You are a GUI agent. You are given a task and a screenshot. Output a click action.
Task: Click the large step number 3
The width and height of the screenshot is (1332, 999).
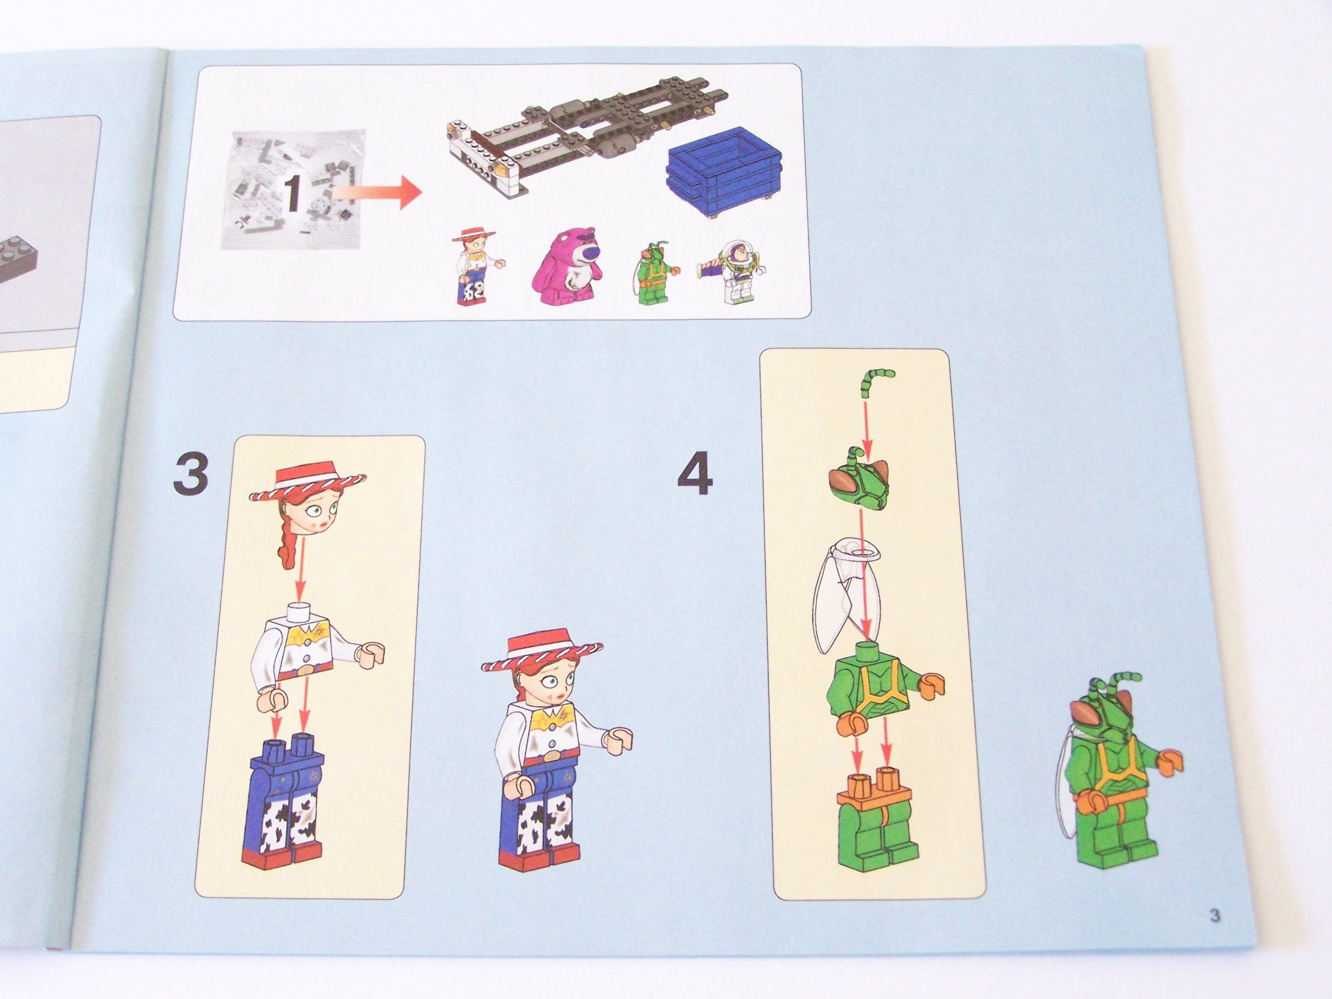click(191, 474)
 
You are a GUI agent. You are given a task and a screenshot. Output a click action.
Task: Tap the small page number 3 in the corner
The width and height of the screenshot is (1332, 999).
click(1215, 916)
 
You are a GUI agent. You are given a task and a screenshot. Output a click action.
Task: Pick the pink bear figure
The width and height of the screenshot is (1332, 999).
click(568, 266)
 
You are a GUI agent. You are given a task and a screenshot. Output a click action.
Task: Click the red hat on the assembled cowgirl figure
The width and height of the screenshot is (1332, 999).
click(542, 654)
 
